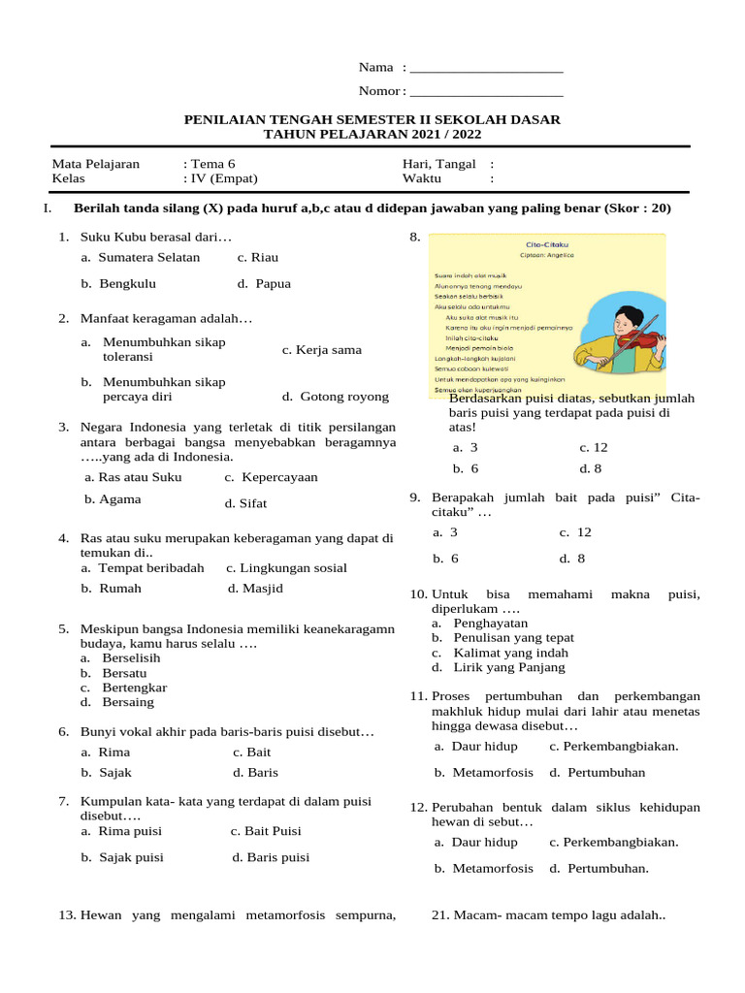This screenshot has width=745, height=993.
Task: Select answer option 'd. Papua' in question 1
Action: (264, 284)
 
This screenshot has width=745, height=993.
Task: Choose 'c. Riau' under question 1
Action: (258, 258)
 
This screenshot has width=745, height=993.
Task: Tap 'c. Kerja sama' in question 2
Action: (322, 350)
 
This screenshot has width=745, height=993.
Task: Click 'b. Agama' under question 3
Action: (113, 499)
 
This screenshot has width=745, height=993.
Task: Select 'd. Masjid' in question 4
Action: (255, 589)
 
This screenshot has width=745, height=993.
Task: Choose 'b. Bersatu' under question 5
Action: (113, 673)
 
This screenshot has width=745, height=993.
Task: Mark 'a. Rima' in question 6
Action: (106, 753)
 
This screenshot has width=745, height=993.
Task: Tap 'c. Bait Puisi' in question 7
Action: (266, 832)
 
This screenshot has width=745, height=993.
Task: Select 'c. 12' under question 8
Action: (594, 448)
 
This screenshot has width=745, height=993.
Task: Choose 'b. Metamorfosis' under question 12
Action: (484, 869)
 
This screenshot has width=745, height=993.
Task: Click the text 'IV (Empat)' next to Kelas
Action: (224, 179)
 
